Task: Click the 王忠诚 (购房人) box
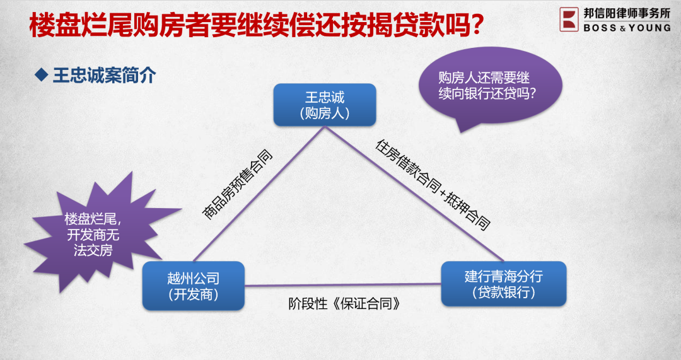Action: click(325, 105)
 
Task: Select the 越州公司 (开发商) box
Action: click(194, 286)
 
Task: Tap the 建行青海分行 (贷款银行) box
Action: click(503, 284)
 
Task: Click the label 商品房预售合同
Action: click(237, 185)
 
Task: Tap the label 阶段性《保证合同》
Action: click(344, 303)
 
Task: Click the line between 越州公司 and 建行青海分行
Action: click(342, 285)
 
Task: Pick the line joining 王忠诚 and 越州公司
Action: click(259, 194)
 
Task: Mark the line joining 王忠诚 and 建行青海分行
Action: click(414, 194)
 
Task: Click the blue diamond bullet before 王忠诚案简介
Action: click(41, 75)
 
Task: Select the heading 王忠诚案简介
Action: click(104, 75)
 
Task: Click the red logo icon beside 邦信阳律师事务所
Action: click(569, 20)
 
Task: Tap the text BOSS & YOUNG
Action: click(627, 28)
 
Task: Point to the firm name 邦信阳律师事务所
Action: click(627, 13)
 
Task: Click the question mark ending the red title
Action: click(477, 25)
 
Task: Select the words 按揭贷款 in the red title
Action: click(419, 25)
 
